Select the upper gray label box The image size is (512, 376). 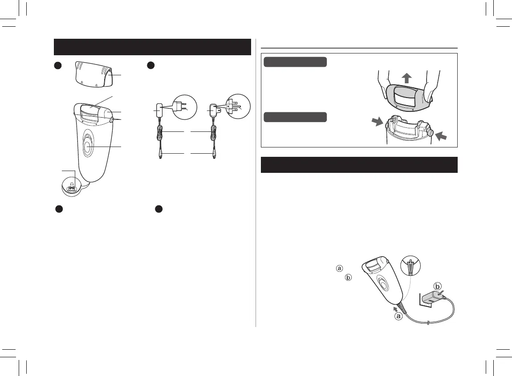(295, 62)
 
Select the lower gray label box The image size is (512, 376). (295, 117)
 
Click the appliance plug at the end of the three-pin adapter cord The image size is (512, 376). (215, 155)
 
